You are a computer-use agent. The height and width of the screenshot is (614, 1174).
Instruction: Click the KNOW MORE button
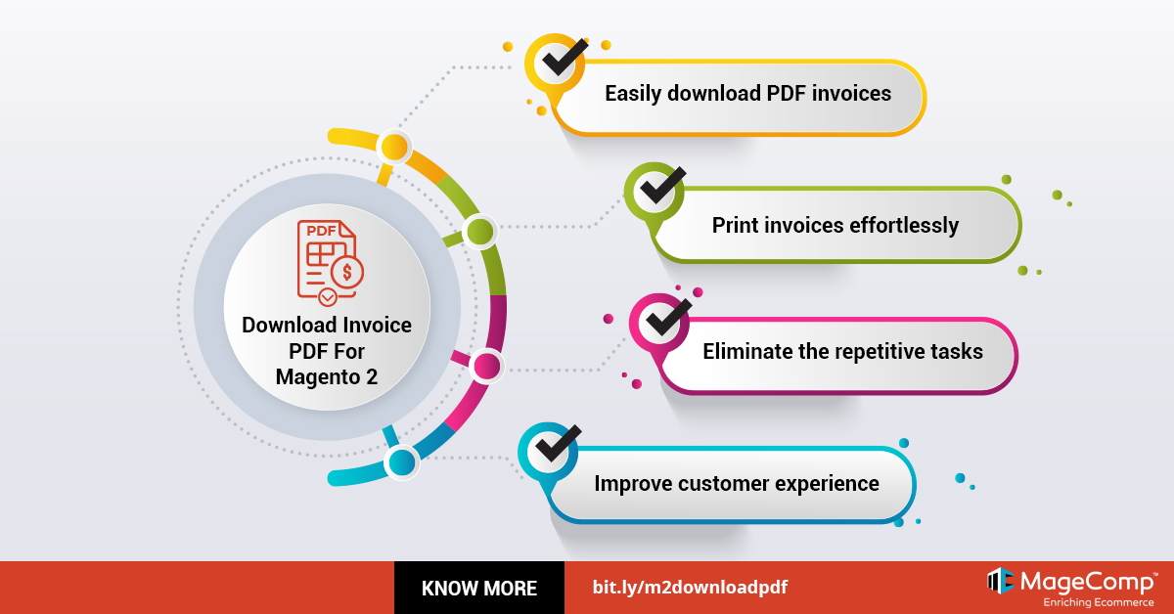[x=479, y=588]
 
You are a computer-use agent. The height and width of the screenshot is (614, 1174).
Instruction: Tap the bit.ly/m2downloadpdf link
[x=690, y=588]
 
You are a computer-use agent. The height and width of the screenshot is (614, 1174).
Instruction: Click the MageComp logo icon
[x=999, y=581]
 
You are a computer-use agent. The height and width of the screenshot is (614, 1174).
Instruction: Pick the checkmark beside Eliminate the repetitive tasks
[x=661, y=320]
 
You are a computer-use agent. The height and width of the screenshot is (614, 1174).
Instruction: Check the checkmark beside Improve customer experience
[x=552, y=450]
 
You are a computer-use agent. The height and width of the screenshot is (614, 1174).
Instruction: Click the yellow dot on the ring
[x=393, y=148]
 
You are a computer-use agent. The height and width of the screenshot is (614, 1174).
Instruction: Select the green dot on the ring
[x=479, y=232]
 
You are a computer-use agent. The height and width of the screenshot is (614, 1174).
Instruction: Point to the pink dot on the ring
[x=486, y=367]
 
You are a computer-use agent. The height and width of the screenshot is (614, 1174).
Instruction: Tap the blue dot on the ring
[x=402, y=461]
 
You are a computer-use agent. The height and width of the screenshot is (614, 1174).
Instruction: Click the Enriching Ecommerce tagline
[x=1100, y=602]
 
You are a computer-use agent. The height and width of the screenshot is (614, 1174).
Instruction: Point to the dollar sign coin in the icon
[x=347, y=273]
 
